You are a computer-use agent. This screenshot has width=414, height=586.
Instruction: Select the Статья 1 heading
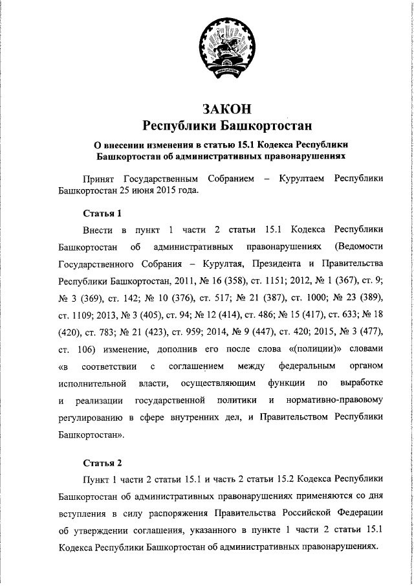point(102,213)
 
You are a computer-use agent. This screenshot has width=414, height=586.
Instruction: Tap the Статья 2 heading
point(102,463)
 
